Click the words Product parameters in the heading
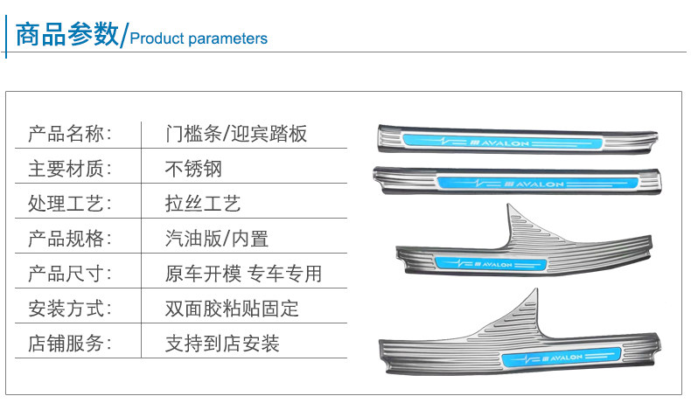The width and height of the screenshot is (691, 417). coord(199,38)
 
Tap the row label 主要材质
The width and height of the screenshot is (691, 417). coord(71,169)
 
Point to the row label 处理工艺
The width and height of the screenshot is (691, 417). coord(71,204)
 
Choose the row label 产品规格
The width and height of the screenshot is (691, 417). coord(71,238)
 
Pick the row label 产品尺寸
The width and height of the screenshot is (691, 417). coord(71,273)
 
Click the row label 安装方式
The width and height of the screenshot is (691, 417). coord(71,308)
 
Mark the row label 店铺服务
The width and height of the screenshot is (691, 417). coord(71,343)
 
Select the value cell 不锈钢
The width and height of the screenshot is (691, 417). coord(193,169)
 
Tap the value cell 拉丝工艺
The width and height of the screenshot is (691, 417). coord(203,204)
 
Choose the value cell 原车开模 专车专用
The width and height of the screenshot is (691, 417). coord(243,273)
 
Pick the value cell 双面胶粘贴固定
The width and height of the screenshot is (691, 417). coord(232,308)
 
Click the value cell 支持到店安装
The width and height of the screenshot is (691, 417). coord(222,343)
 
